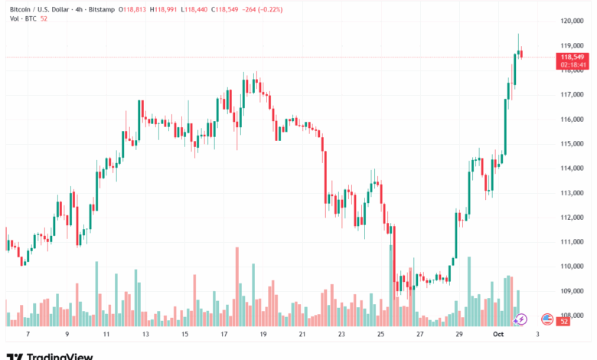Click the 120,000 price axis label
point(573,21)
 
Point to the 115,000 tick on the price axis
point(573,144)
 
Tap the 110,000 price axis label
point(573,267)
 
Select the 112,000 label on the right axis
point(573,218)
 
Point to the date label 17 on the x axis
point(224,335)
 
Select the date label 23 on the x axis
point(342,335)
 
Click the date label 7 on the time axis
point(28,335)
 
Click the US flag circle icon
point(547,319)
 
